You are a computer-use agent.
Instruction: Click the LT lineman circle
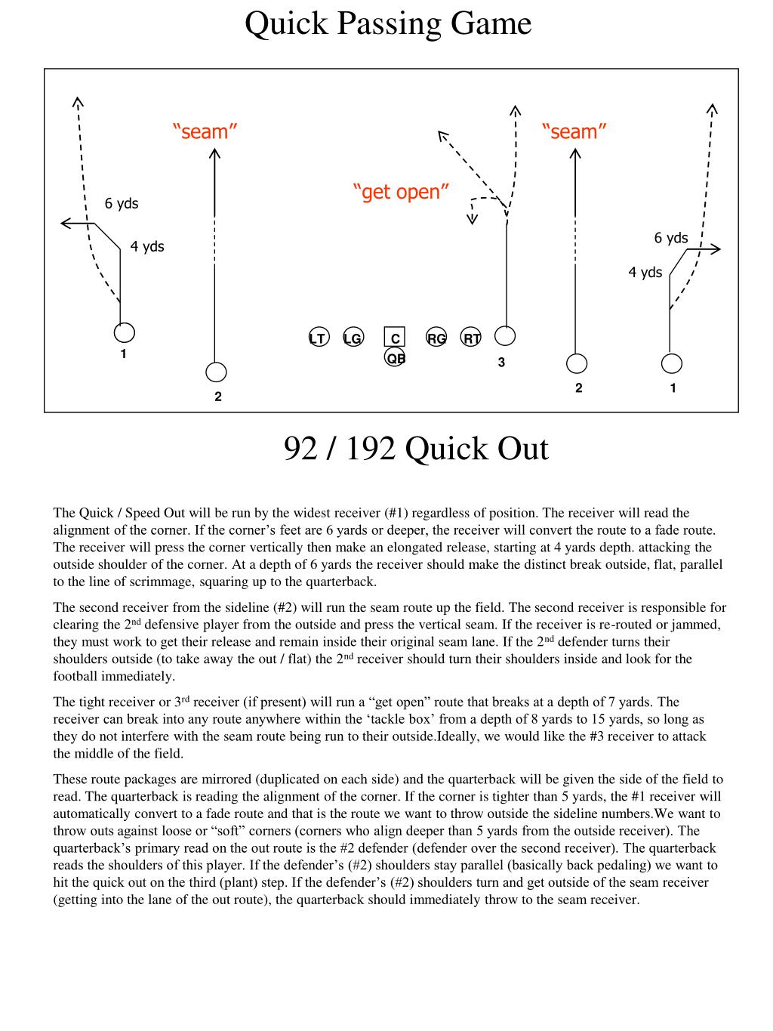tap(318, 338)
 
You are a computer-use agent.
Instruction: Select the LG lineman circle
tap(353, 338)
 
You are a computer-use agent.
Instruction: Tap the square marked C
tap(394, 338)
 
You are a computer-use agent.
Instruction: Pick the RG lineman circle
tap(436, 338)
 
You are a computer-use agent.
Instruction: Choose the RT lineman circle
tap(471, 338)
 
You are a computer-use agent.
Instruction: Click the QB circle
tap(395, 357)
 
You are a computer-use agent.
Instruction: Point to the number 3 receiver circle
tap(505, 335)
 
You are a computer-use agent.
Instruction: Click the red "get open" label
tap(401, 192)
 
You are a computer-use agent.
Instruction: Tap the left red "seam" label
tap(205, 131)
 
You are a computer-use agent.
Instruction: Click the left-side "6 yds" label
tap(122, 203)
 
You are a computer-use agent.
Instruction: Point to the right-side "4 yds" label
tap(645, 272)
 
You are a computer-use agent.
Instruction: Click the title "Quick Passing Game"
tap(388, 24)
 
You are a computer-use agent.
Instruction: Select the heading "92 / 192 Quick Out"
tap(416, 449)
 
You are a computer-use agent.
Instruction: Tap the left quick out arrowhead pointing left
tap(64, 223)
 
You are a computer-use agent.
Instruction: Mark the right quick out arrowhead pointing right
tap(717, 248)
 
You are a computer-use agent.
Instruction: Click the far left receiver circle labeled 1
tap(125, 332)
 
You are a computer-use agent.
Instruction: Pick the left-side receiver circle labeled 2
tap(216, 372)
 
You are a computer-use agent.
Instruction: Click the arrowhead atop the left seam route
tap(215, 153)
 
